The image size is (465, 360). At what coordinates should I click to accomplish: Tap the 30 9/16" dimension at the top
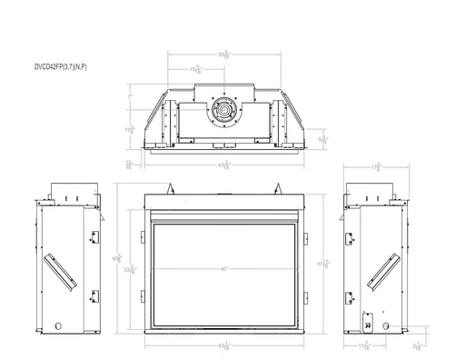(224, 54)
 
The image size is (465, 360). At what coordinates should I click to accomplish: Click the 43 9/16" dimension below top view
(224, 165)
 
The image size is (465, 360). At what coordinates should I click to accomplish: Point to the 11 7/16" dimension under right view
(363, 346)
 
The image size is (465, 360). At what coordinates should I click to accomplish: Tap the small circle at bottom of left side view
(56, 324)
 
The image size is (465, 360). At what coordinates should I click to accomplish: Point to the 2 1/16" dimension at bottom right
(415, 345)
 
